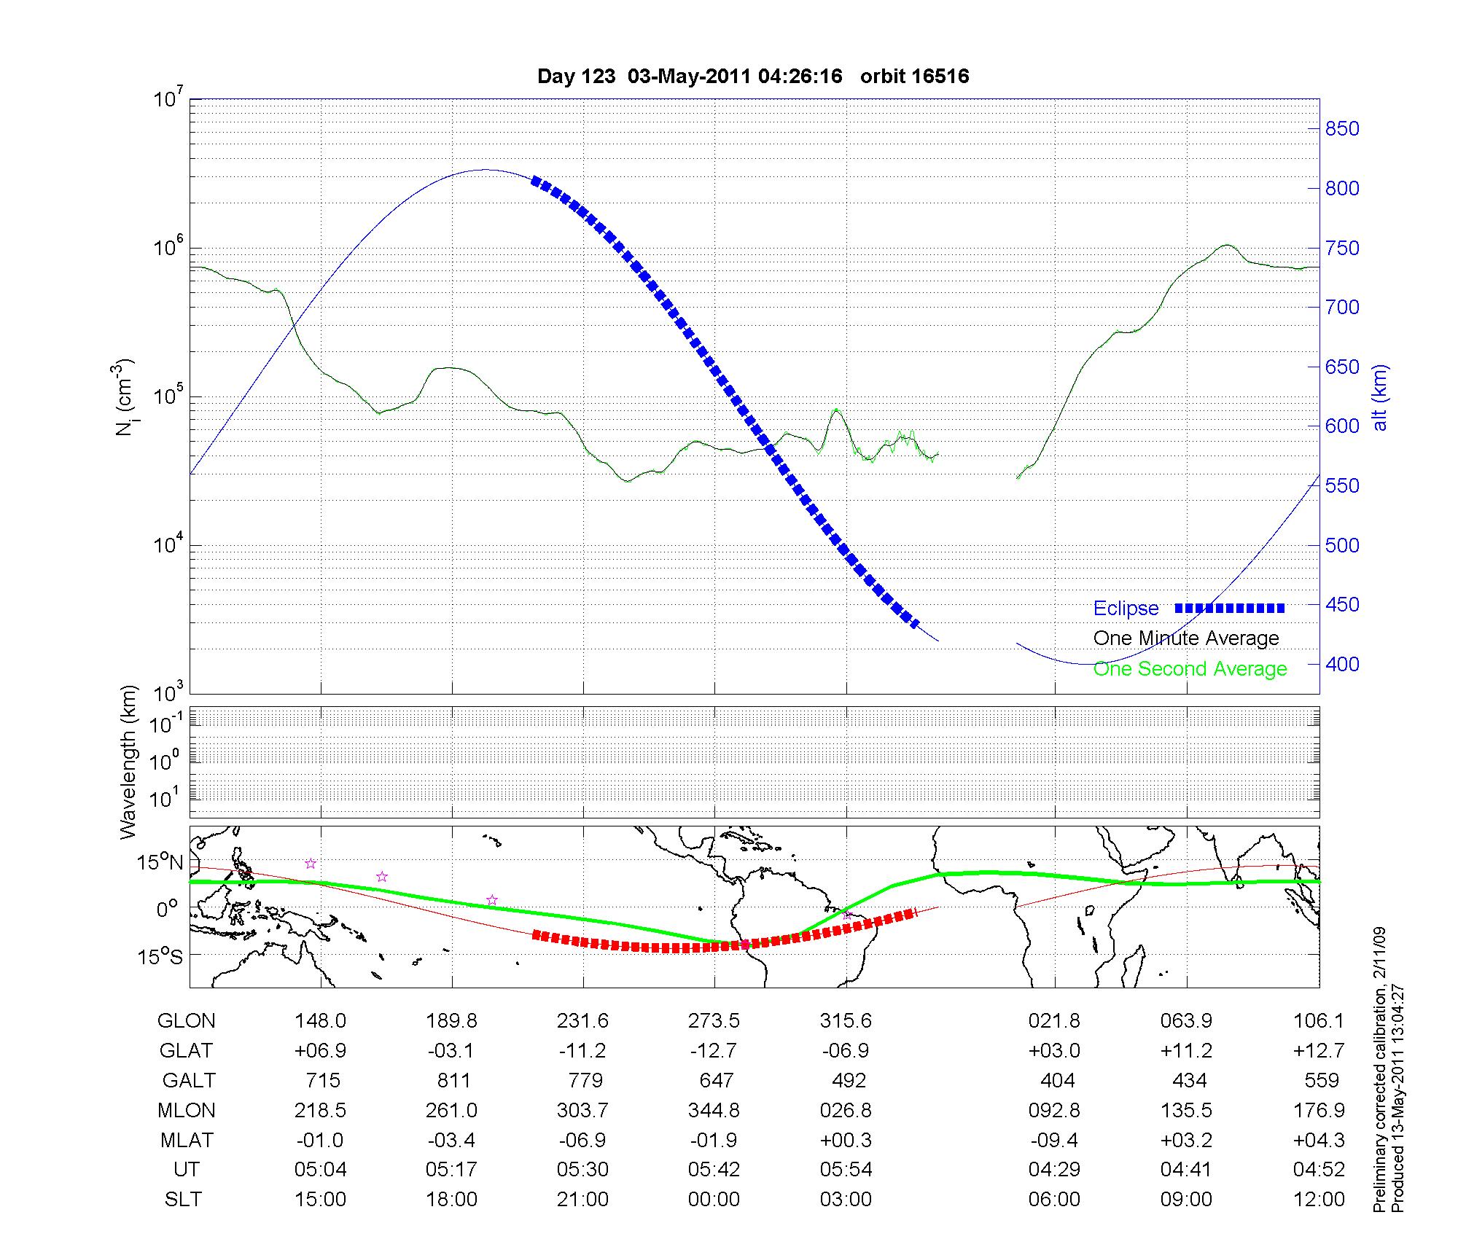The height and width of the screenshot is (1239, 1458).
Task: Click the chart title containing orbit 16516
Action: [x=753, y=77]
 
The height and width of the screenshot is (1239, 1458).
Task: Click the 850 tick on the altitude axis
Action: [x=1341, y=129]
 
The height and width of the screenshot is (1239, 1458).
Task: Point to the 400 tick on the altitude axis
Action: [x=1341, y=664]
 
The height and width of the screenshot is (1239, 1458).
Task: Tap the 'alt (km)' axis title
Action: [x=1380, y=397]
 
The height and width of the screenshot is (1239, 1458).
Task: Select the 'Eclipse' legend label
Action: [x=1126, y=609]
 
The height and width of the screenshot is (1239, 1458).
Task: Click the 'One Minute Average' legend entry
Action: [x=1186, y=638]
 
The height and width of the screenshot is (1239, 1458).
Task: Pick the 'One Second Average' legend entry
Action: [x=1190, y=669]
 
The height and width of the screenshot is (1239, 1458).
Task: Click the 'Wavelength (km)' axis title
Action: [x=129, y=762]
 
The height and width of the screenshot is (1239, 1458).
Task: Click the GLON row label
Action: [x=186, y=1021]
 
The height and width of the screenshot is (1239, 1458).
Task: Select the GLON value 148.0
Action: [x=321, y=1021]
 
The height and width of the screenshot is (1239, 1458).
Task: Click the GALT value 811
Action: [x=453, y=1080]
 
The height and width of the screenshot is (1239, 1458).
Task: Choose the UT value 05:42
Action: [x=714, y=1170]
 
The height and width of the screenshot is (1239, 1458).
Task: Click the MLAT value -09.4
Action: [x=1054, y=1140]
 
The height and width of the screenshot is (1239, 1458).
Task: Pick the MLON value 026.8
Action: [x=846, y=1110]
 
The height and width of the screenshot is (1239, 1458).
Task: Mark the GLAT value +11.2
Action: [x=1186, y=1051]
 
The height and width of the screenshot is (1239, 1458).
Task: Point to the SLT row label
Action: [x=183, y=1200]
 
